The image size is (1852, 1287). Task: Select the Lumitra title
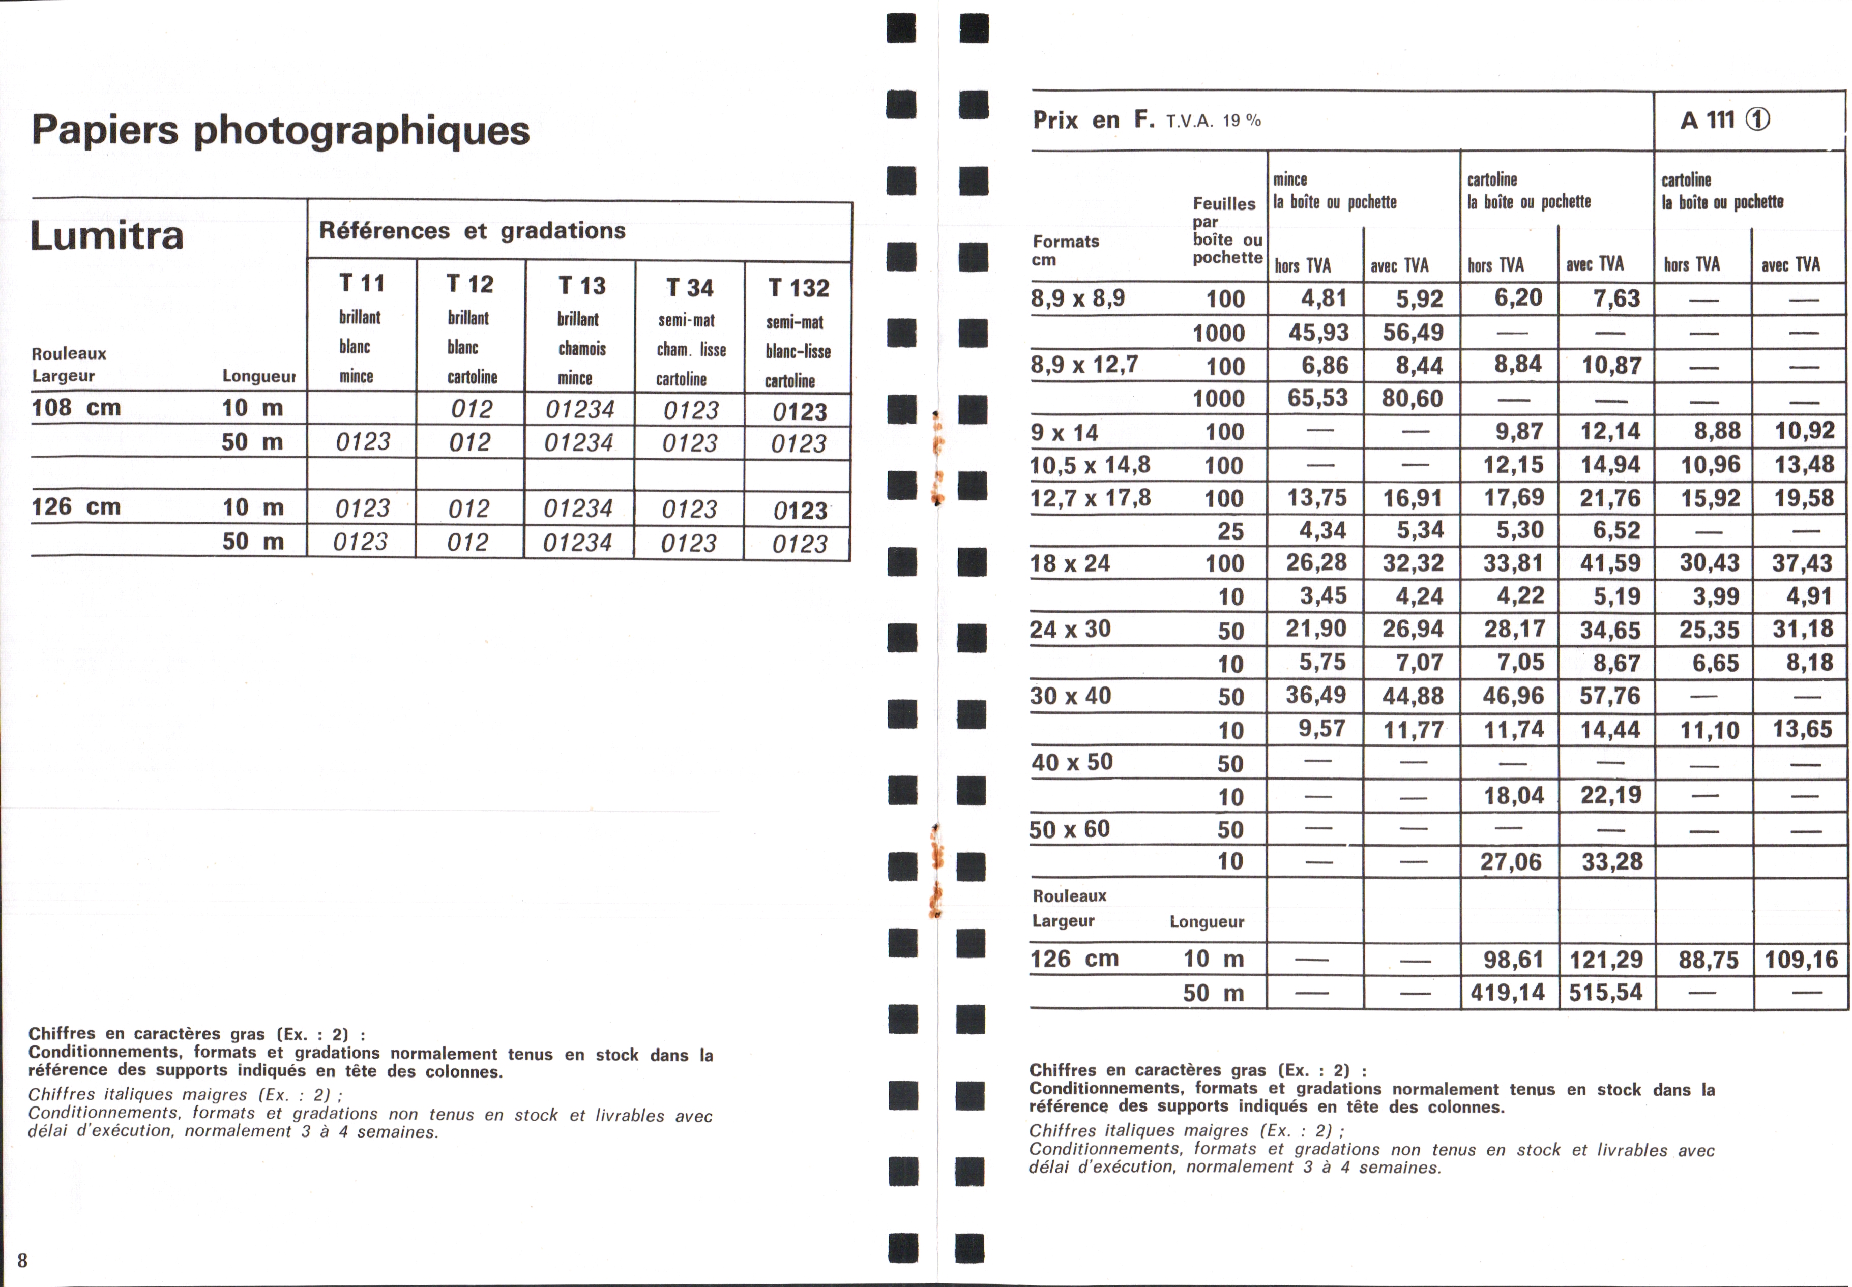[x=107, y=235]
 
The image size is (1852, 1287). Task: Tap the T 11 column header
[x=361, y=283]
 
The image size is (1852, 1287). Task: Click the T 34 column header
[x=690, y=288]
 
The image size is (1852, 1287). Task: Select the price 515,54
[x=1605, y=992]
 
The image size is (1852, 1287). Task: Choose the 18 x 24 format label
[x=1070, y=564]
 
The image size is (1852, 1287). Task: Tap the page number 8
[x=22, y=1261]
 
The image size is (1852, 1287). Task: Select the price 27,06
[x=1510, y=862]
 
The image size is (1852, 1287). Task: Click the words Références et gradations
[x=472, y=231]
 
